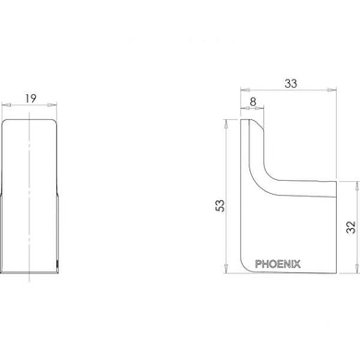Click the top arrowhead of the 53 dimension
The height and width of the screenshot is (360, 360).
tap(226, 120)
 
